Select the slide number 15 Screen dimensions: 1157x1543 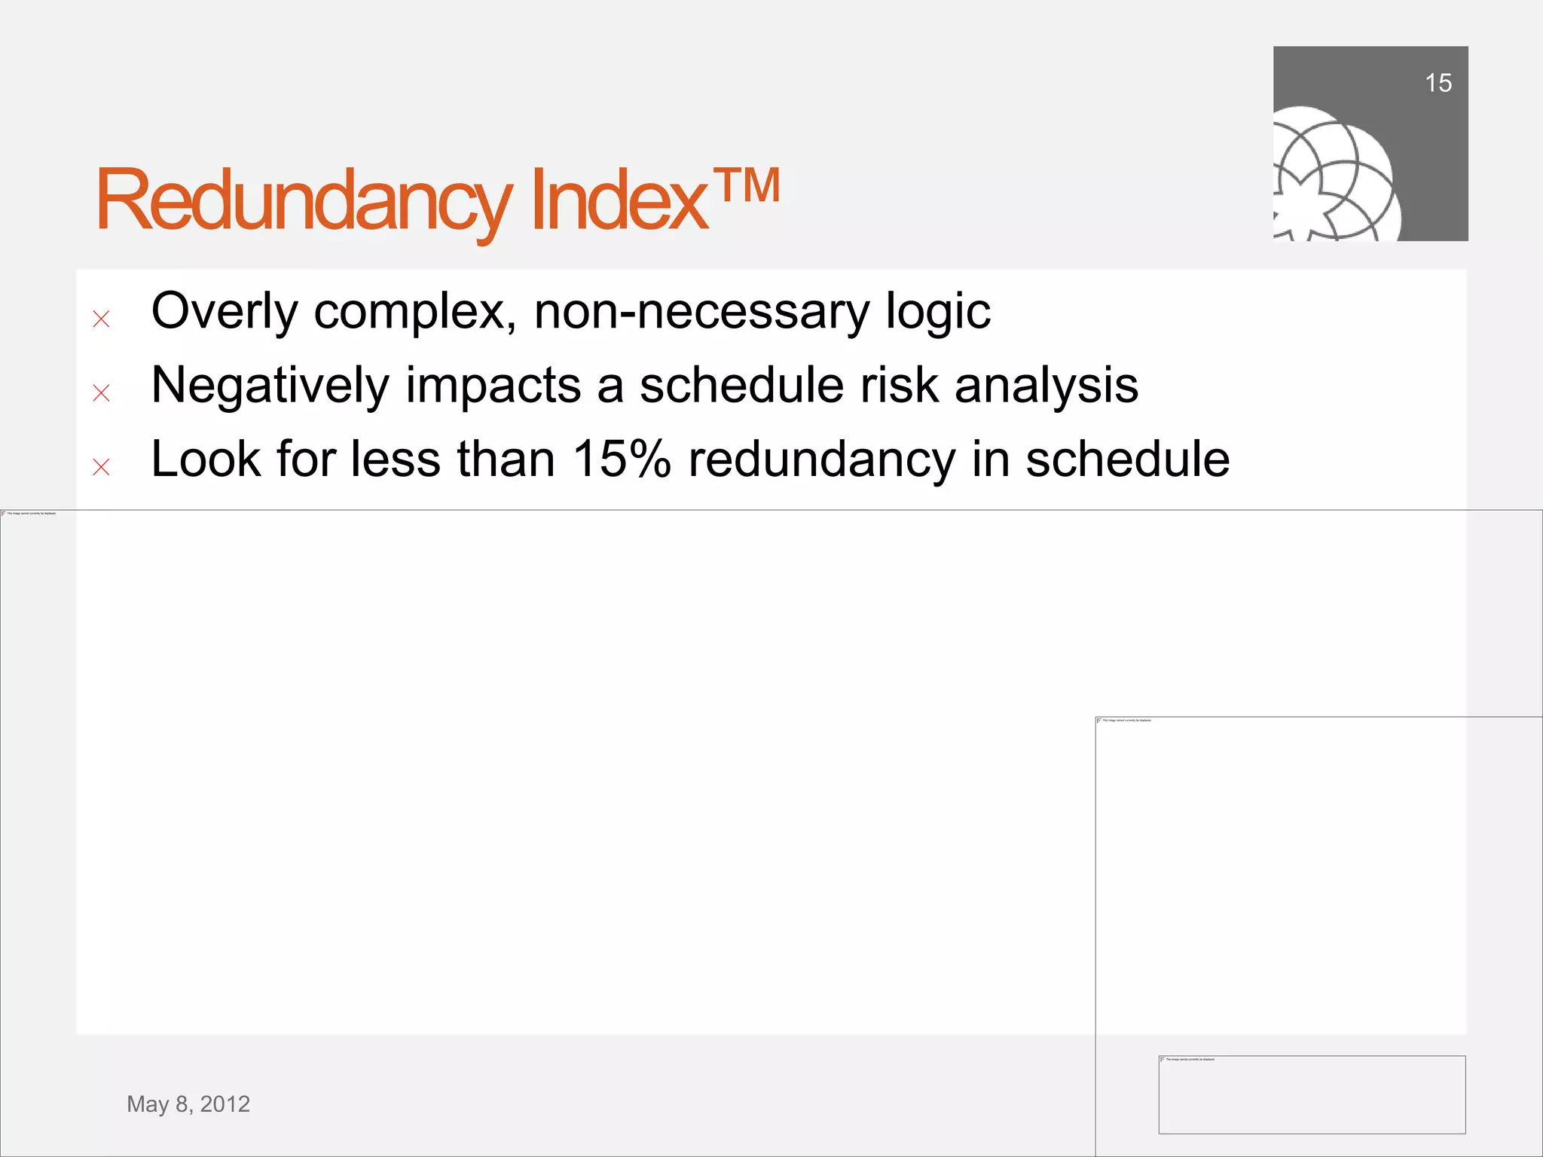point(1438,83)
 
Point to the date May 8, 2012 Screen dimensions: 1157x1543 point(188,1104)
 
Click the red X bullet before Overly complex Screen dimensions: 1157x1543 point(101,319)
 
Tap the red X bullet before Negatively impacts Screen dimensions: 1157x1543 point(101,392)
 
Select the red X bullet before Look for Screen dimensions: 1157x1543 point(101,467)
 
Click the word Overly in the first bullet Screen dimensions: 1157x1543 point(224,312)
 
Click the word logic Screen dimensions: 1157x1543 point(937,312)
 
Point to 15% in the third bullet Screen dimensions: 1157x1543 point(621,459)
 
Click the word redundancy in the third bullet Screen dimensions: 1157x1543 point(821,459)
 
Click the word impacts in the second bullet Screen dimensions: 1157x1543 point(493,386)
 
